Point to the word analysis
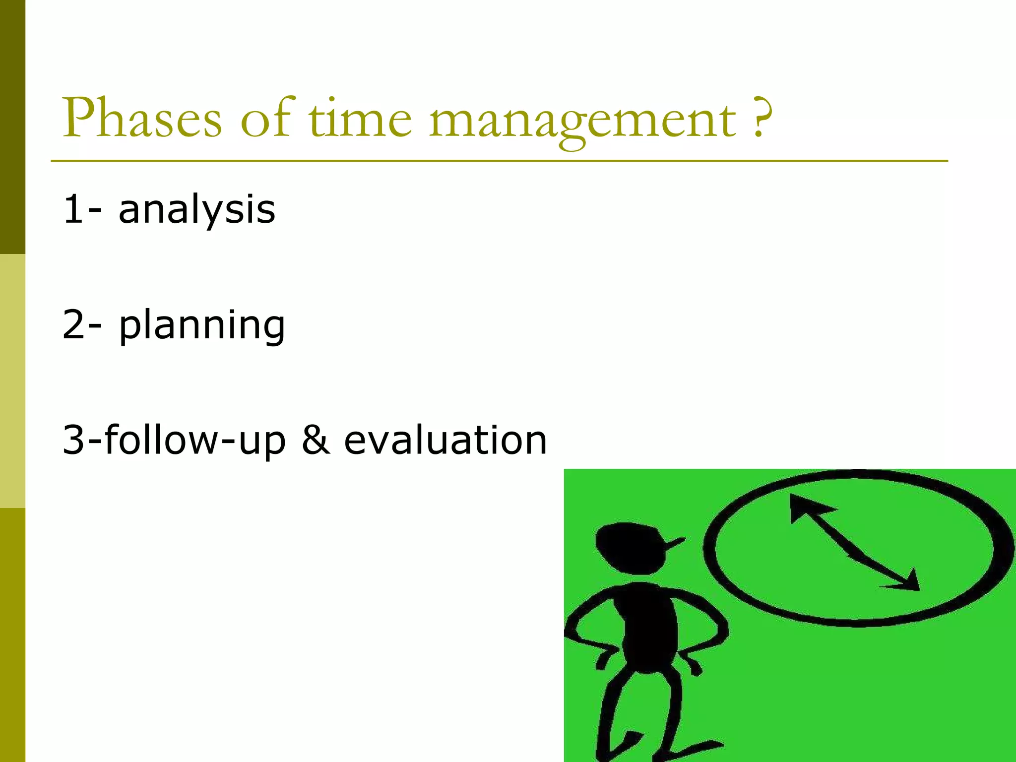pyautogui.click(x=196, y=210)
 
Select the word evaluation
pyautogui.click(x=445, y=440)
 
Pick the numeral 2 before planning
pyautogui.click(x=74, y=325)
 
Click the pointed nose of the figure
pyautogui.click(x=675, y=543)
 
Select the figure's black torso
pyautogui.click(x=647, y=628)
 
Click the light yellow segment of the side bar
pyautogui.click(x=12, y=381)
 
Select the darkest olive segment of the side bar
pyautogui.click(x=12, y=127)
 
